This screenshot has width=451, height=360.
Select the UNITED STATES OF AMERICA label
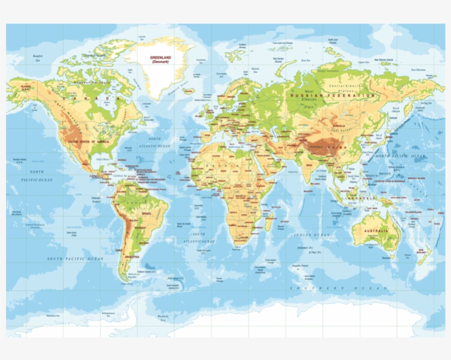[89, 141]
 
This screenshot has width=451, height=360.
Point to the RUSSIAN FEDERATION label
[332, 95]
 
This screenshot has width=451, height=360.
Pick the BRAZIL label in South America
[147, 213]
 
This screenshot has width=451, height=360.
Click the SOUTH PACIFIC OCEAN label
[75, 258]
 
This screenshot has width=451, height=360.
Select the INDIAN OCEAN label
[311, 235]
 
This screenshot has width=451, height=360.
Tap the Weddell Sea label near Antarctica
[162, 318]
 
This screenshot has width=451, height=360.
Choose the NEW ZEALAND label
[421, 252]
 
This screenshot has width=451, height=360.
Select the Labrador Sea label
[146, 103]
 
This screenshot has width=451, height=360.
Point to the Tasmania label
[389, 257]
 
